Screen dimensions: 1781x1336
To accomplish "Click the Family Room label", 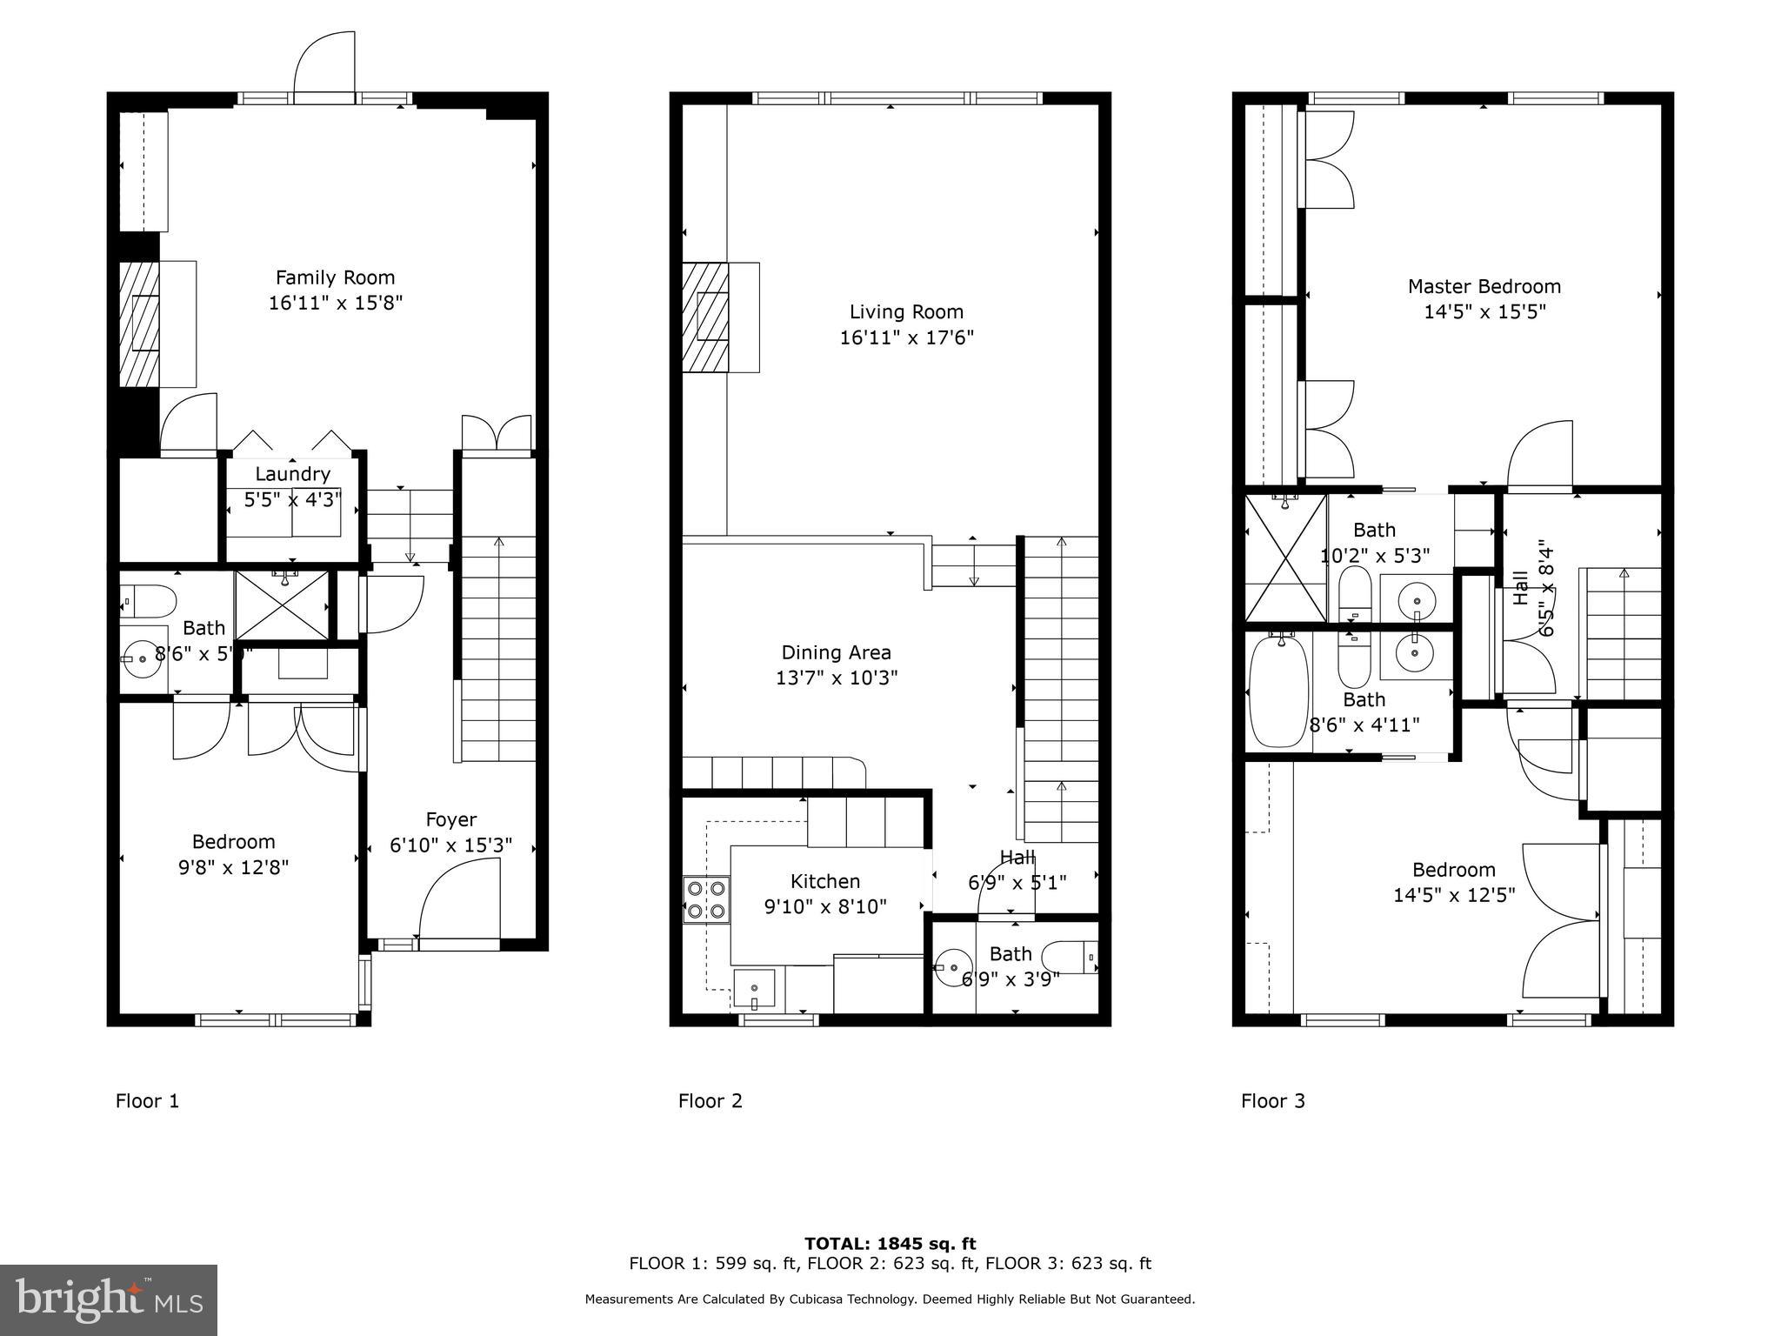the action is pos(335,277).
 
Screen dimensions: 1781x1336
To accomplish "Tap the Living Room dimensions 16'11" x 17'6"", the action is pos(906,337).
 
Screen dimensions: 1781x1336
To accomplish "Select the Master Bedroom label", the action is pos(1484,286).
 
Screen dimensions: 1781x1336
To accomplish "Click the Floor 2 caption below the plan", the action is pos(710,1101).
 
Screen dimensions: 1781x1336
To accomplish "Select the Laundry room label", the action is pos(292,474).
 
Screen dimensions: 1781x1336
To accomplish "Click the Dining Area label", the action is pos(836,652).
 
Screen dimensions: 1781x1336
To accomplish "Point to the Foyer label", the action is pos(451,819).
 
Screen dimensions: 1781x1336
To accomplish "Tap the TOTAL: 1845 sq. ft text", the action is pos(890,1244).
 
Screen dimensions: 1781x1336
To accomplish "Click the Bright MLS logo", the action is pos(109,1300).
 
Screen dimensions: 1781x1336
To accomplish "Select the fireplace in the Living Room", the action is pos(720,317).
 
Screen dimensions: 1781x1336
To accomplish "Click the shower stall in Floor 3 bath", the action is pos(1286,558).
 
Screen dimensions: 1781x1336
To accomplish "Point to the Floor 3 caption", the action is pos(1273,1101).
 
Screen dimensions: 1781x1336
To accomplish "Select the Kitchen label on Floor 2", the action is pos(825,882).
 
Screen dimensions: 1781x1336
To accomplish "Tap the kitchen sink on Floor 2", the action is pos(754,991).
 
